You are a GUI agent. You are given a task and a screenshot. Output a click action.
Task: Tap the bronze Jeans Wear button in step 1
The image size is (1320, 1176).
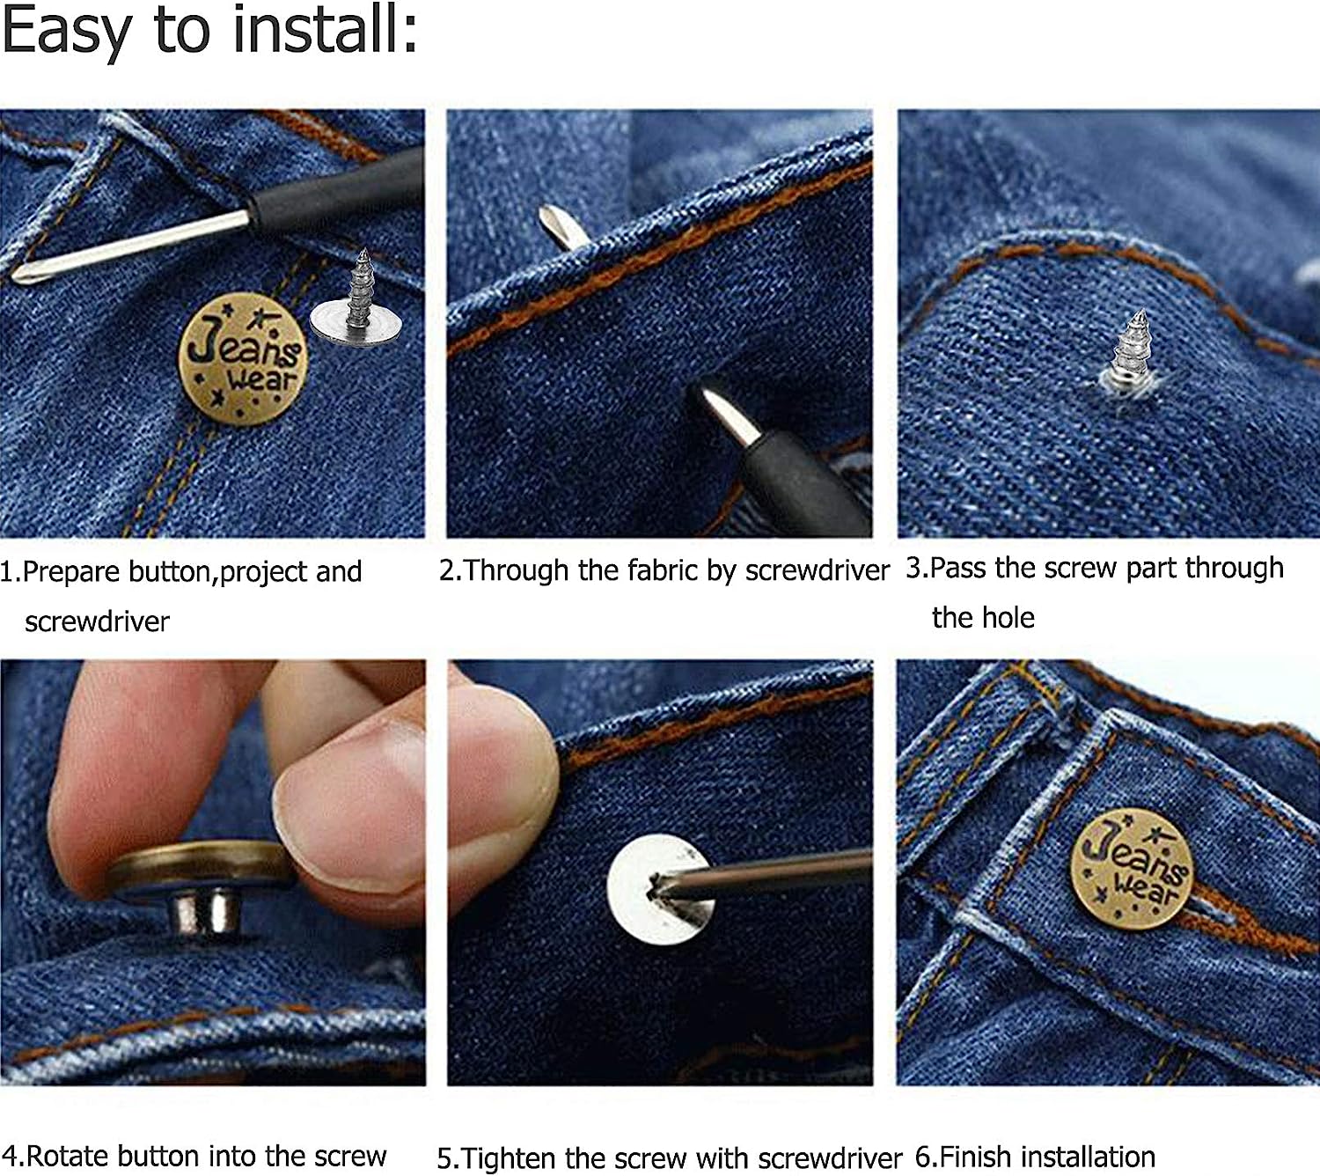tap(243, 359)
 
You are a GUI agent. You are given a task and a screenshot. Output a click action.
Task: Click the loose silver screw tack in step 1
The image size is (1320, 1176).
tap(356, 304)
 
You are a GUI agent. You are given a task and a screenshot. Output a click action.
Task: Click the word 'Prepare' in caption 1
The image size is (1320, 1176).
tap(72, 572)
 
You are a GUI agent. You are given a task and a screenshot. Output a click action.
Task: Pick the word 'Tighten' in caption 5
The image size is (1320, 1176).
tap(510, 1158)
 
